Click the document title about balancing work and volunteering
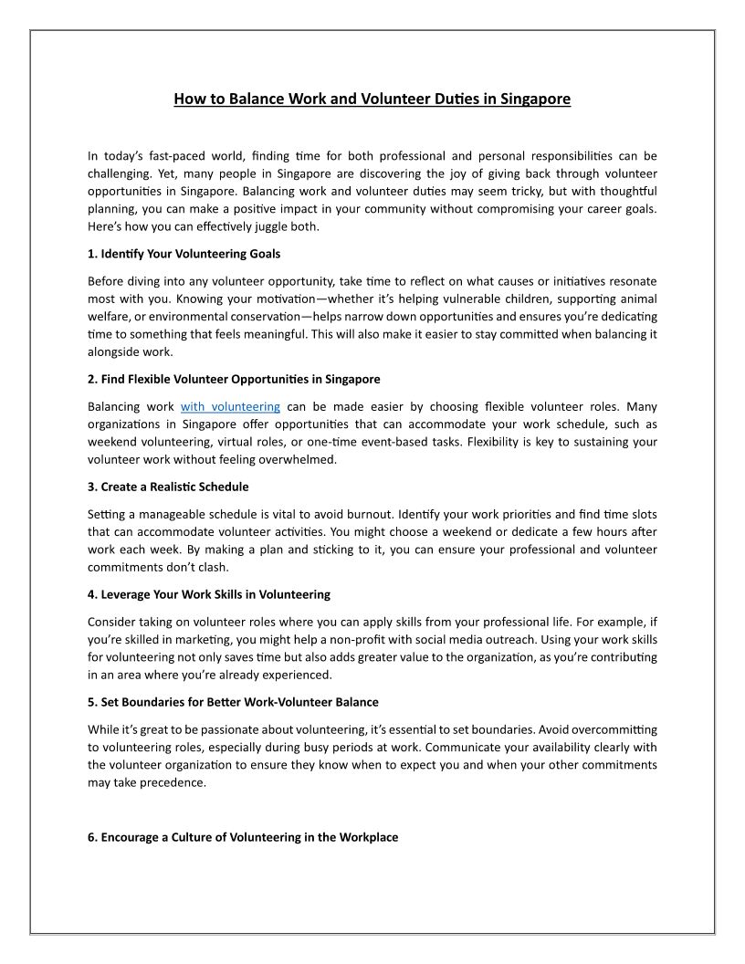pyautogui.click(x=372, y=98)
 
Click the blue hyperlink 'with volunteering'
pyautogui.click(x=230, y=406)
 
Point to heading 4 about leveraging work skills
pyautogui.click(x=209, y=594)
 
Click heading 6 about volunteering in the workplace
pyautogui.click(x=243, y=836)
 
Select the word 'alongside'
pyautogui.click(x=113, y=351)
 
